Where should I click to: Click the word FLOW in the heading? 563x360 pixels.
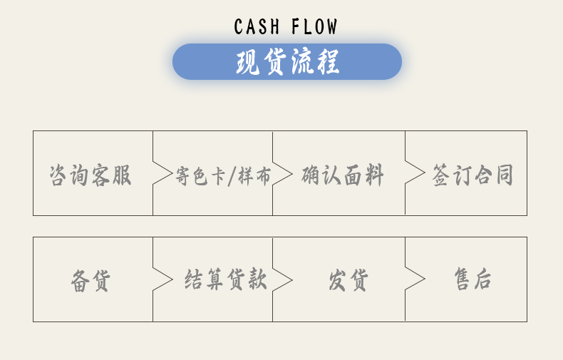pos(314,27)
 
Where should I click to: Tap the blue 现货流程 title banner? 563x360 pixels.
pos(287,62)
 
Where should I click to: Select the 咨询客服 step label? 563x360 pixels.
pos(91,175)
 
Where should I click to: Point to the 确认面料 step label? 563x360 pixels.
pos(343,175)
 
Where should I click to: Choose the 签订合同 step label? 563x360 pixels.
pos(473,175)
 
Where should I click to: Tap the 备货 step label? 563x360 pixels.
pos(91,280)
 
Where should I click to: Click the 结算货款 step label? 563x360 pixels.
pos(226,279)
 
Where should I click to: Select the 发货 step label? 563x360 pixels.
pos(348,280)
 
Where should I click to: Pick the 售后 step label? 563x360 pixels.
pos(473,279)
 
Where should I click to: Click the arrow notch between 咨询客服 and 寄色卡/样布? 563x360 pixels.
pos(162,173)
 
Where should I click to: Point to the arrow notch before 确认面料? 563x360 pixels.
pos(282,173)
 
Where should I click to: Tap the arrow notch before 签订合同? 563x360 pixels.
pos(415,173)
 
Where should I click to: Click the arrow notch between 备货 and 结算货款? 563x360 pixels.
pos(162,279)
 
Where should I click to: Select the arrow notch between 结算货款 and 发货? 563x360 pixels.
pos(282,279)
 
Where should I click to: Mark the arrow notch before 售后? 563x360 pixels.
pos(415,279)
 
